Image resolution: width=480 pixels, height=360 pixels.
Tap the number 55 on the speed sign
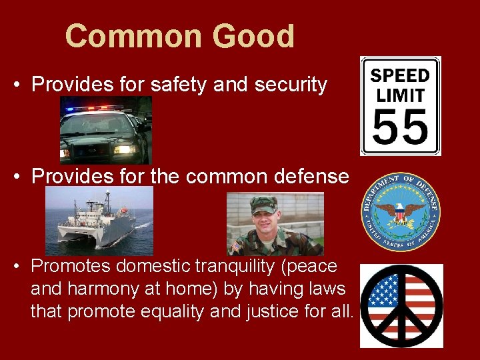coord(400,128)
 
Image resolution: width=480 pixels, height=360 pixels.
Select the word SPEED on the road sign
coord(400,75)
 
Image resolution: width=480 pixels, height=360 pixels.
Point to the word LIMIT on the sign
coord(400,95)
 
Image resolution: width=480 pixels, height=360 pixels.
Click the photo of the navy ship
coord(99,221)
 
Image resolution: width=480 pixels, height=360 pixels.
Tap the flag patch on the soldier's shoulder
coord(237,247)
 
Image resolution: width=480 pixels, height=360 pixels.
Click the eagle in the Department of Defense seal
coord(400,212)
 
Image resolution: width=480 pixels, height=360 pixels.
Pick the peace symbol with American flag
coord(401,305)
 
